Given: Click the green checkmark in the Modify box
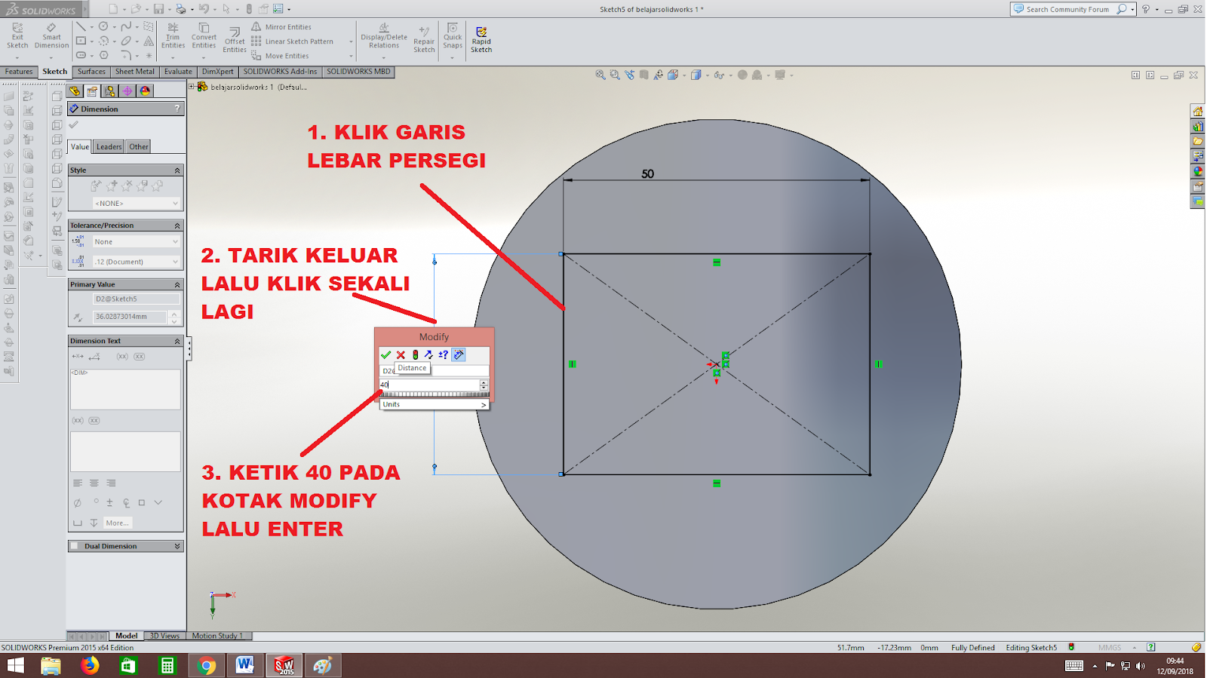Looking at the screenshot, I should (x=385, y=354).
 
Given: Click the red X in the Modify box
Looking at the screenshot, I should (x=401, y=354).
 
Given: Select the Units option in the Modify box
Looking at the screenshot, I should (x=434, y=404).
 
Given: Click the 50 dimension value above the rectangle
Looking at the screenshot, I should (x=647, y=174).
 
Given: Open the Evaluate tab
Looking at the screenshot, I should (x=178, y=72).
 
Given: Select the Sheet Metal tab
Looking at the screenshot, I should (x=134, y=72).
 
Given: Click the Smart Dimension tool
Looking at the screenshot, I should (x=51, y=36).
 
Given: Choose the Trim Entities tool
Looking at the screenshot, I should (x=173, y=36).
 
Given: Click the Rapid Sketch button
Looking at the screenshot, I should (x=481, y=39).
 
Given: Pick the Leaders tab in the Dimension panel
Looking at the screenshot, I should (x=109, y=147).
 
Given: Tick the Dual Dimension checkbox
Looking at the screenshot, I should (x=75, y=546).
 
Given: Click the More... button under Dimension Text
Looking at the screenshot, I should (x=117, y=523).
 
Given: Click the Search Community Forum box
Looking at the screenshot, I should (x=1067, y=9).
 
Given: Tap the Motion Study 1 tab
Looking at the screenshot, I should (x=217, y=636).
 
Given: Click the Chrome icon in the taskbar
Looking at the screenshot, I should (x=206, y=665).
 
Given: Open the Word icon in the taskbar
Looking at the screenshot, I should (x=244, y=665).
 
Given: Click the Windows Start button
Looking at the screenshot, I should (x=15, y=665).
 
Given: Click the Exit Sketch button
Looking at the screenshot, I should (x=17, y=36).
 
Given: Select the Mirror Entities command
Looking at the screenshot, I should (x=287, y=27).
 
